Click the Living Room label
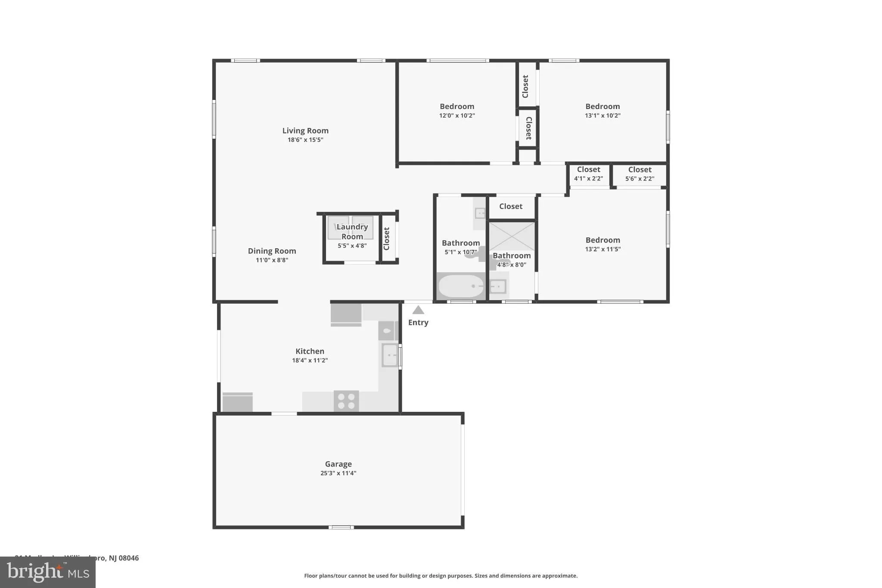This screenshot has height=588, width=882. coord(305,131)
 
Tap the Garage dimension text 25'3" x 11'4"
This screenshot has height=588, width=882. coord(338,473)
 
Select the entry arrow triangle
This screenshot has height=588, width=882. coord(418,310)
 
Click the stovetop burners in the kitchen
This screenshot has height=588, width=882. coord(346,401)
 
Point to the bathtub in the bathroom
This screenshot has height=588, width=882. coord(461,286)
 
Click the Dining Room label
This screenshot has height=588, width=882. coord(272,251)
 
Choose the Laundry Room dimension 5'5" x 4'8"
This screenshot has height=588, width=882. coord(352,246)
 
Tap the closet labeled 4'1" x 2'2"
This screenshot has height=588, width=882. coord(588,174)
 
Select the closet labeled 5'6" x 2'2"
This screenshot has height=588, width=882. coord(640,174)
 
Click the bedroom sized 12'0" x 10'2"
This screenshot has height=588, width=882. coord(457,110)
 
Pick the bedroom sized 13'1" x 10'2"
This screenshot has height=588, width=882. coord(602,110)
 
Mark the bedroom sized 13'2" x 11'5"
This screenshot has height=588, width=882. coord(602,244)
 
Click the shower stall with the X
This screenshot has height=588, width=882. coord(512,236)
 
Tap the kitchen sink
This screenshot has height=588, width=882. coord(390,355)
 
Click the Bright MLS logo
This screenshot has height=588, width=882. coord(48,572)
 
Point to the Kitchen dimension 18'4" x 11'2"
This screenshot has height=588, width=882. coord(310,360)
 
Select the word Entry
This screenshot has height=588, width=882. coord(418,323)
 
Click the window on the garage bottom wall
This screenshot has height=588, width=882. coord(341,527)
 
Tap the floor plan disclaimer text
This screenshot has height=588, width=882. coord(441,576)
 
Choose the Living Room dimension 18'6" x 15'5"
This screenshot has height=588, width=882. coord(305,140)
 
